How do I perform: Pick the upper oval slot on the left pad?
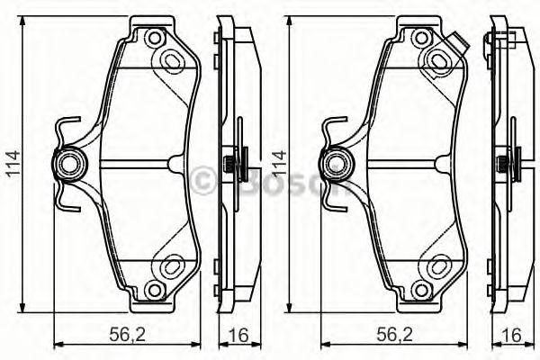coord(171,59)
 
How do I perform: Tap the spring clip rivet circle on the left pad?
coord(70,163)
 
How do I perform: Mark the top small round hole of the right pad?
coord(420,39)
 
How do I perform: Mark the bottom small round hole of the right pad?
coord(420,290)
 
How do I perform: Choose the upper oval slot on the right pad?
coord(441,59)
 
